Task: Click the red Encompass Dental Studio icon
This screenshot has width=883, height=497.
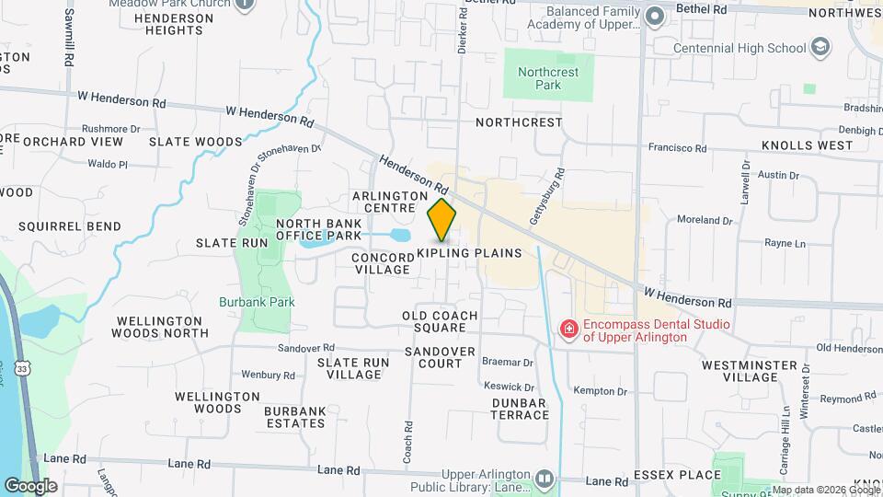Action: click(x=568, y=328)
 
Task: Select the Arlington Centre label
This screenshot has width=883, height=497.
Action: click(x=390, y=202)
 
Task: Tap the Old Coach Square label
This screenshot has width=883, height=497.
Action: click(x=440, y=322)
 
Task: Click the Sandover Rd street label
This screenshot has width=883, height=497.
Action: click(x=305, y=348)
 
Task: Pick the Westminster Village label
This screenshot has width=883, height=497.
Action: click(x=750, y=372)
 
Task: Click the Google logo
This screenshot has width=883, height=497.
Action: click(x=29, y=485)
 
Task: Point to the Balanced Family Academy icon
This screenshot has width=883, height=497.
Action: click(x=655, y=16)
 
